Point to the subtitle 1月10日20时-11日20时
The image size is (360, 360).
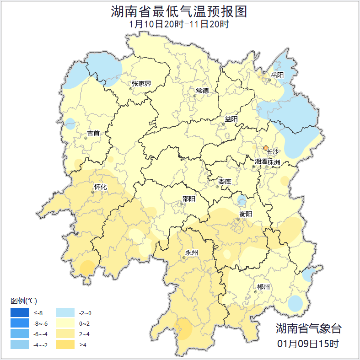click(179, 24)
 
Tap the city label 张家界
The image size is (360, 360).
click(141, 84)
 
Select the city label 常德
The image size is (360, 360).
click(202, 91)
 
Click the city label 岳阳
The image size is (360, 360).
click(277, 75)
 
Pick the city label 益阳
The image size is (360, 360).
click(231, 119)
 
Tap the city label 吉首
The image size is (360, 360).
click(93, 133)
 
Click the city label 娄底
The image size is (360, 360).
click(225, 182)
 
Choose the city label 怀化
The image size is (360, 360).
click(100, 187)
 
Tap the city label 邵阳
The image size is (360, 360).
click(188, 199)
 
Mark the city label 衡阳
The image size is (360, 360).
click(245, 214)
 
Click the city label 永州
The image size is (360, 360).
click(191, 253)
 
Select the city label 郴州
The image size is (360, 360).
click(263, 287)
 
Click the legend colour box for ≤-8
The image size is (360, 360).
click(20, 313)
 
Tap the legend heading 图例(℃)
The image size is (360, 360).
click(24, 301)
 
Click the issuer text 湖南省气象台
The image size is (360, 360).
click(308, 328)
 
